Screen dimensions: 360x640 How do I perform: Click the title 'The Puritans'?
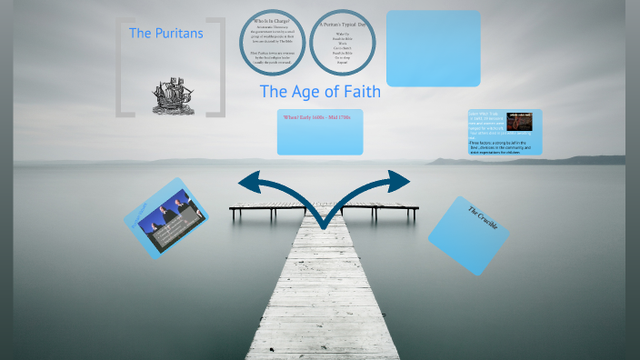coord(166,34)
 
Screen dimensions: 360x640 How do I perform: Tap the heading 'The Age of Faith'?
coord(320,92)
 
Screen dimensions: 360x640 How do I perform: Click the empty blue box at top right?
coord(434,48)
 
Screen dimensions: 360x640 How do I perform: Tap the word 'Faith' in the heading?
coord(358,92)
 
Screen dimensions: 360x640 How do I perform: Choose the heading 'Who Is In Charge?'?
coord(272,21)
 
